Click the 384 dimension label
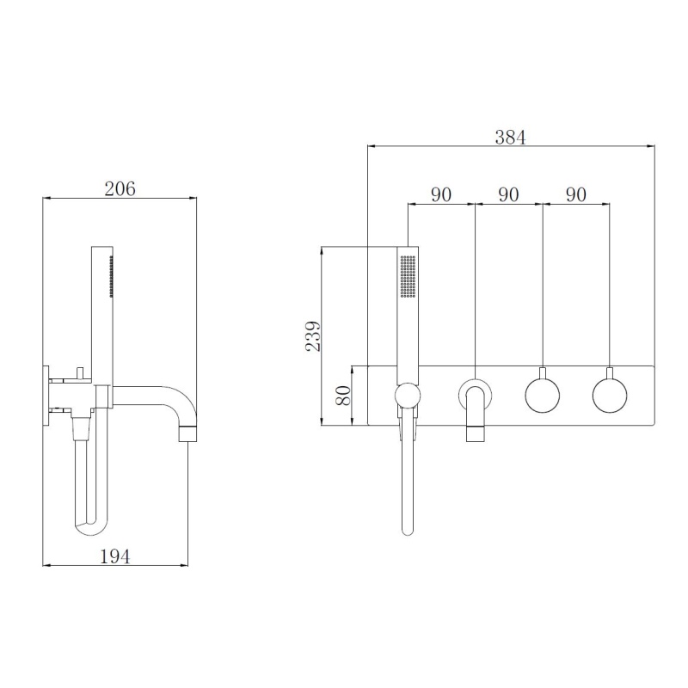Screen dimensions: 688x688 pyautogui.click(x=510, y=138)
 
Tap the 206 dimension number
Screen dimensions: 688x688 pyautogui.click(x=120, y=189)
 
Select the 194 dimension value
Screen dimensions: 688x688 pyautogui.click(x=115, y=556)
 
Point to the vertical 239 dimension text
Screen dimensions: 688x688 pyautogui.click(x=313, y=335)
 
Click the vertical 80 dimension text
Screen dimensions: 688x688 pyautogui.click(x=342, y=396)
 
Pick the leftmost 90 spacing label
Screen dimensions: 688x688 pyautogui.click(x=441, y=194)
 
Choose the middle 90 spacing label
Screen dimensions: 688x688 pyautogui.click(x=508, y=194)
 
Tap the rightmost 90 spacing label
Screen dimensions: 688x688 pyautogui.click(x=575, y=194)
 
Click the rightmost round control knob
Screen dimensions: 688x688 pyautogui.click(x=610, y=395)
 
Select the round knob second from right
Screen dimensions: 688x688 pyautogui.click(x=543, y=395)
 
